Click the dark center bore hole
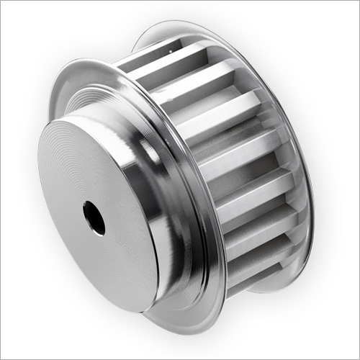click(x=94, y=217)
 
